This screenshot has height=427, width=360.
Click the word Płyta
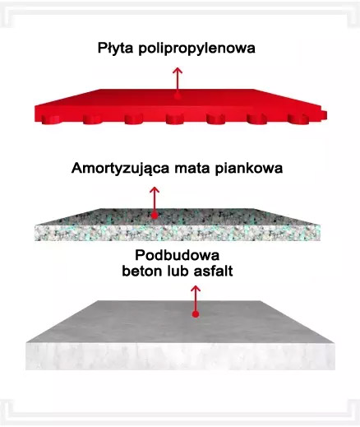115,49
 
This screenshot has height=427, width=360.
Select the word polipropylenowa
196,49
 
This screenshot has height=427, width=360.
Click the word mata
192,168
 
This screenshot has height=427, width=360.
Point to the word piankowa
248,168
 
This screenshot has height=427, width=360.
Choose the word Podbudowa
178,255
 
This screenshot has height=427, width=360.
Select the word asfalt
213,271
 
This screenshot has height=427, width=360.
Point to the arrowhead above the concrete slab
196,289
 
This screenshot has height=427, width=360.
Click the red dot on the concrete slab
196,314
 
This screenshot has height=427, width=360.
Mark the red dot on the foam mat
155,216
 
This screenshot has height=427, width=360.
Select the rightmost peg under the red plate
298,118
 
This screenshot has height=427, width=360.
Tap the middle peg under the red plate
174,119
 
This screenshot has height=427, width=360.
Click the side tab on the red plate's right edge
324,115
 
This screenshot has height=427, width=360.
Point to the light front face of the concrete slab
180,356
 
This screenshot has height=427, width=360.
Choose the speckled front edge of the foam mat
178,233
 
